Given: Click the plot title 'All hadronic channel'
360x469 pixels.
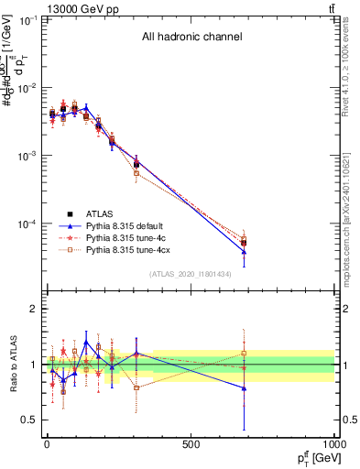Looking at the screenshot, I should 191,38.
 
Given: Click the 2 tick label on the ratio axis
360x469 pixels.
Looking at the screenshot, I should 34,309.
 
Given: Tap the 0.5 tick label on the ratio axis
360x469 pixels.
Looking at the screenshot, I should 30,420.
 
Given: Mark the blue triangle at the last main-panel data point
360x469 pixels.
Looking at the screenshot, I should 295,252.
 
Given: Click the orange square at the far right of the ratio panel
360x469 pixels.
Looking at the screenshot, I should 295,354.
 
